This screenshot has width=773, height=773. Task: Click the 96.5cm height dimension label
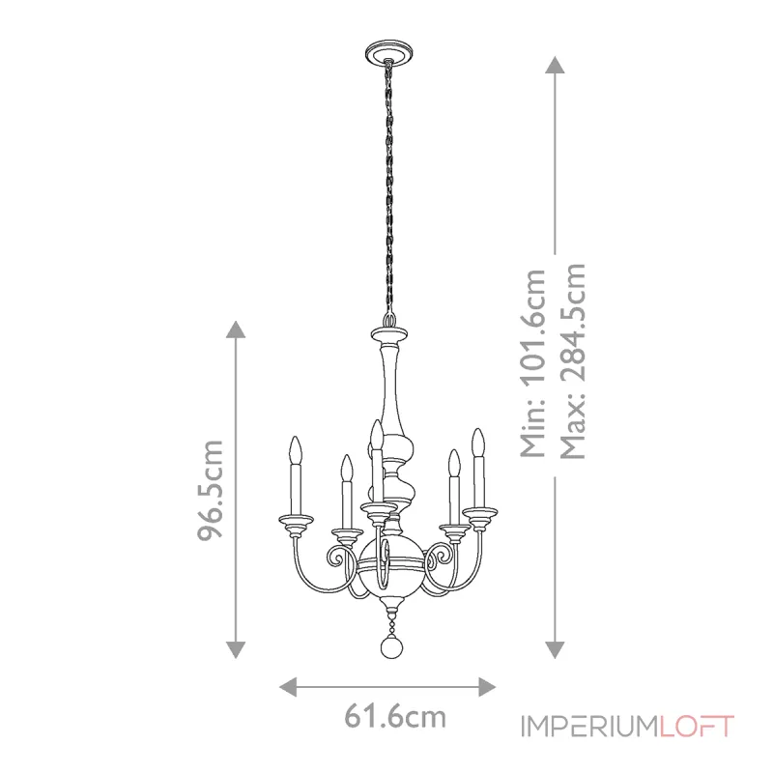pyautogui.click(x=212, y=491)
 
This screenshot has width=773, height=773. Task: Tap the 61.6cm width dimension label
pyautogui.click(x=395, y=718)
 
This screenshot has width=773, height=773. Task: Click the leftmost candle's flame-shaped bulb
pyautogui.click(x=297, y=450)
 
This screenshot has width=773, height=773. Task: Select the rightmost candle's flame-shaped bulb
pyautogui.click(x=476, y=442)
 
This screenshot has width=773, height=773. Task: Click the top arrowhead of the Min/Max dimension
pyautogui.click(x=555, y=64)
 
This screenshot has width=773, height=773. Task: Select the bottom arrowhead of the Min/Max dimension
pyautogui.click(x=555, y=649)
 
